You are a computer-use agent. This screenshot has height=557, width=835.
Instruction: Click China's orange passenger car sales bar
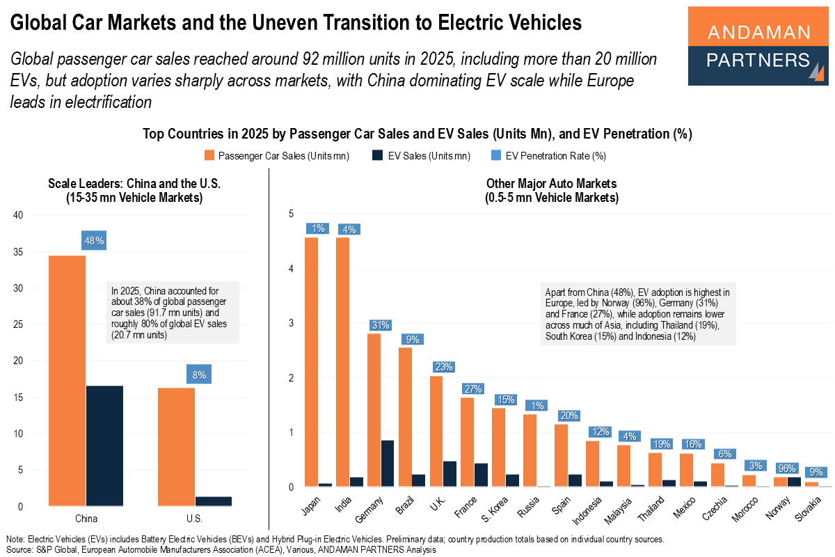[x=67, y=380]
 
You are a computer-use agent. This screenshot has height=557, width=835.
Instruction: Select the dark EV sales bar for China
[x=104, y=446]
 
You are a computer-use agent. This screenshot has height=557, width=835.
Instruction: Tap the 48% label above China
[x=95, y=241]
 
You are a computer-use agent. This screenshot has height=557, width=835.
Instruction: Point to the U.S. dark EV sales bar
[x=214, y=501]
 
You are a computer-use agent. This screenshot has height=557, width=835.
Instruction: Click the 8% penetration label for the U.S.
[x=199, y=375]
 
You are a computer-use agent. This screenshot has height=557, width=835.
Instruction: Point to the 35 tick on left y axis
[x=19, y=251]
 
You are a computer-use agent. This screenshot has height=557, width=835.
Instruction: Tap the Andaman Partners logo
[x=758, y=46]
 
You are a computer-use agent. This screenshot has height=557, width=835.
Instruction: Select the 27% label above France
[x=474, y=389]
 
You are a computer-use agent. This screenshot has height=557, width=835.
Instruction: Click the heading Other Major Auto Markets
[x=551, y=185]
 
